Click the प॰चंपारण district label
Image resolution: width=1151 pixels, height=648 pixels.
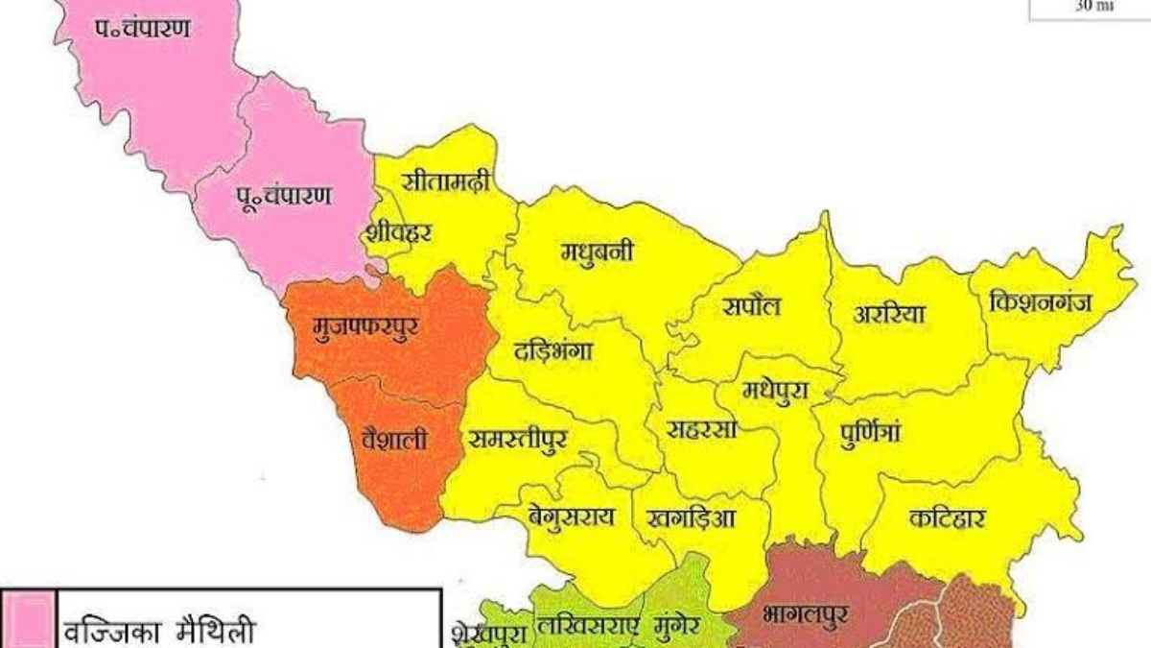click(141, 28)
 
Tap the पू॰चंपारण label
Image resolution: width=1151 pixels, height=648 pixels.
click(285, 196)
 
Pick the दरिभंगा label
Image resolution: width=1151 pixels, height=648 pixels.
click(552, 350)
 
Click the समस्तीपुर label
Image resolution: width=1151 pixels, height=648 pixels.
click(518, 439)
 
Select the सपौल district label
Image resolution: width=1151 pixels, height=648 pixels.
click(752, 306)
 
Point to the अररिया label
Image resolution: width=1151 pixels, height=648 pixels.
click(889, 313)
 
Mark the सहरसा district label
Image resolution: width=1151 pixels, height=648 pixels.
click(701, 429)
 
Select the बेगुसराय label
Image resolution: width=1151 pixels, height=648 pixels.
click(570, 515)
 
